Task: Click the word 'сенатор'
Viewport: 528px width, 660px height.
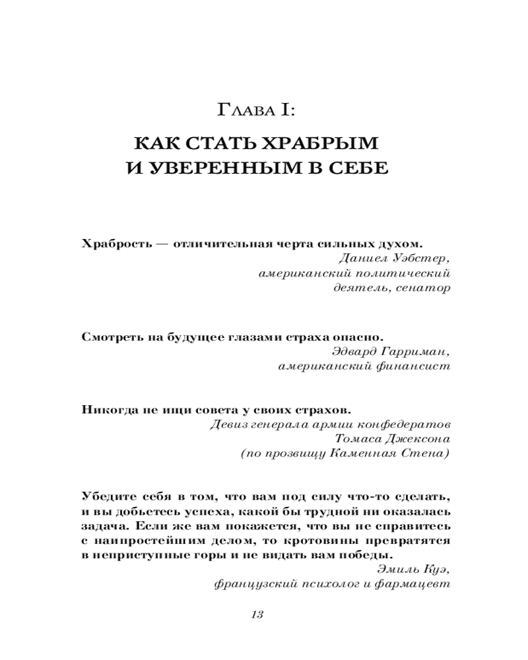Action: tap(424, 288)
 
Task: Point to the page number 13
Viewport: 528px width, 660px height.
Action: tap(257, 614)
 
